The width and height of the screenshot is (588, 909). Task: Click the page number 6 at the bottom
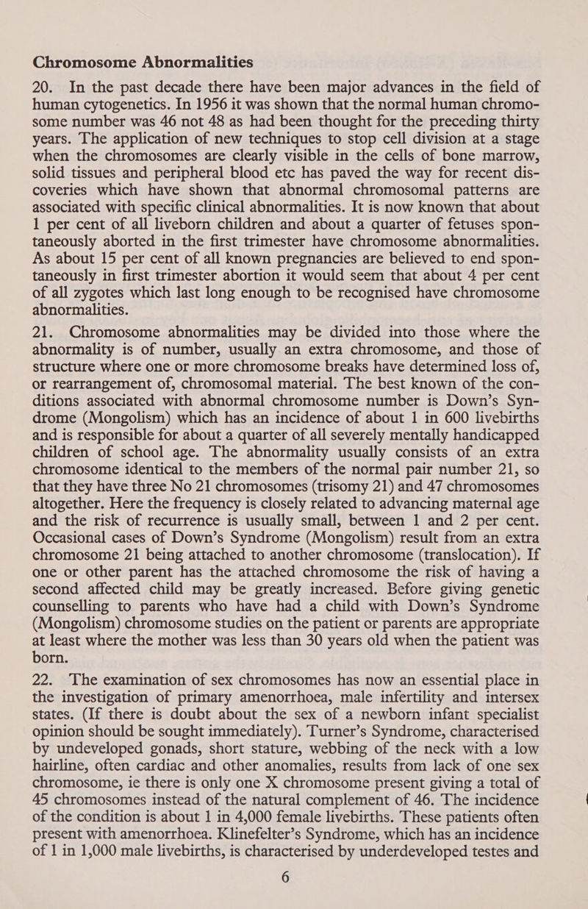294,901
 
